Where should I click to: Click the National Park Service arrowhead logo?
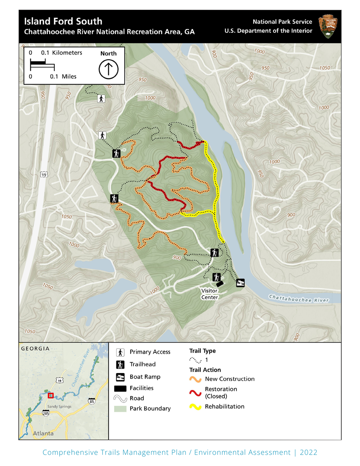tap(328, 27)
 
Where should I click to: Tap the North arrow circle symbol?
tap(109, 69)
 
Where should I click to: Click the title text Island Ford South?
tap(63, 21)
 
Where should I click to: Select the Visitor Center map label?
tap(210, 294)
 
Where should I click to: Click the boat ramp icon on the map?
tap(240, 283)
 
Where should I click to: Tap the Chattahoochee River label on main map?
tap(299, 299)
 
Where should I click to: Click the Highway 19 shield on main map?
tap(44, 175)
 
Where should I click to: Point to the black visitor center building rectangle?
tap(219, 284)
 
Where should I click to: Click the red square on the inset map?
tap(51, 395)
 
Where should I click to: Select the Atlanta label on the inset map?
tap(43, 433)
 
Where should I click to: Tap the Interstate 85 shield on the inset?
tap(91, 401)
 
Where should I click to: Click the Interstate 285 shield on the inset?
tap(46, 413)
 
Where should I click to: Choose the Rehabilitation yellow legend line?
tap(195, 407)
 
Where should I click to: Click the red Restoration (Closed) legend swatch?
tap(195, 393)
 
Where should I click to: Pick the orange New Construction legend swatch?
tap(195, 379)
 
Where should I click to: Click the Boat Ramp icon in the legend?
tap(120, 377)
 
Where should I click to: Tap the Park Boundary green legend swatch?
tap(120, 408)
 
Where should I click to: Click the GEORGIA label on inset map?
tap(35, 348)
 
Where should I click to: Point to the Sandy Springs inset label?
tap(59, 406)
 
